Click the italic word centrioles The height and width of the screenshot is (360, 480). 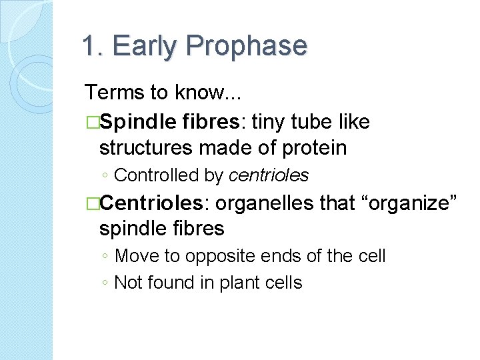coord(269,175)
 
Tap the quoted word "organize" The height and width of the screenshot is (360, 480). coord(409,203)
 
